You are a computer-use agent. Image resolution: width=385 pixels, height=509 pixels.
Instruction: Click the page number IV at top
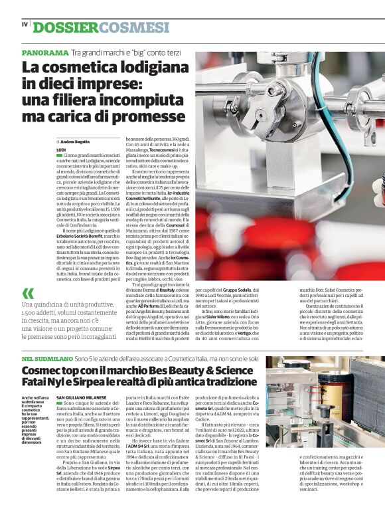(25, 25)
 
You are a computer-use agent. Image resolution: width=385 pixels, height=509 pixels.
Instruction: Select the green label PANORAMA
(44, 52)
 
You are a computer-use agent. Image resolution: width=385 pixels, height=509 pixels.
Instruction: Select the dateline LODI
(62, 150)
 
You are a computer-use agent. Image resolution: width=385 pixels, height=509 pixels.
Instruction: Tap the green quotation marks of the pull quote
(29, 294)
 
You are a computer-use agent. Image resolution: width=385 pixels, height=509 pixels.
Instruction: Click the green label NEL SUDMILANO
(46, 359)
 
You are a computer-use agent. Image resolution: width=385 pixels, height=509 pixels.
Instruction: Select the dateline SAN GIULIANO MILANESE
(81, 397)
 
